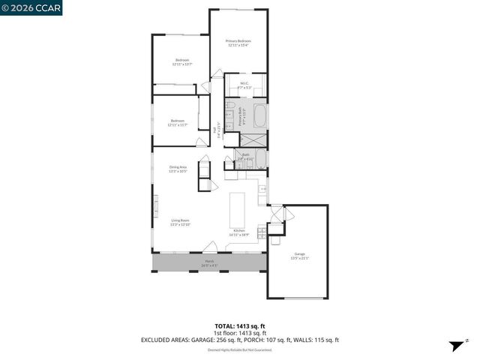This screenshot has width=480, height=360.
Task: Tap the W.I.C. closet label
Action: [244, 85]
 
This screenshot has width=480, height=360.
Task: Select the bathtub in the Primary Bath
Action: [260, 116]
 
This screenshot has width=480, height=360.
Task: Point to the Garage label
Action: [299, 256]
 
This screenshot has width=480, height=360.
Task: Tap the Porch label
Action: [209, 263]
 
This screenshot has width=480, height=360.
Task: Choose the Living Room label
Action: [180, 223]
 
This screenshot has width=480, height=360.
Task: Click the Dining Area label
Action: [178, 168]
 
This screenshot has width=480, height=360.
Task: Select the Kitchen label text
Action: [239, 232]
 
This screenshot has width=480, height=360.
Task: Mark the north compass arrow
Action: [454, 346]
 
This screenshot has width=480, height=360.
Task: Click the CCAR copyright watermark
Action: [31, 8]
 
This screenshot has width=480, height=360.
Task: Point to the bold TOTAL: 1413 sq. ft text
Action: [239, 326]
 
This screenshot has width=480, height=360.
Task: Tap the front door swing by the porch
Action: [212, 247]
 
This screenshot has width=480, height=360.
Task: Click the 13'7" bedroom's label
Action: [182, 62]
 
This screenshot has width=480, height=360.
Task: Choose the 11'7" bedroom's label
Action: [177, 122]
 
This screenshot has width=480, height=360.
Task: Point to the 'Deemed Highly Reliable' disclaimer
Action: [239, 349]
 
